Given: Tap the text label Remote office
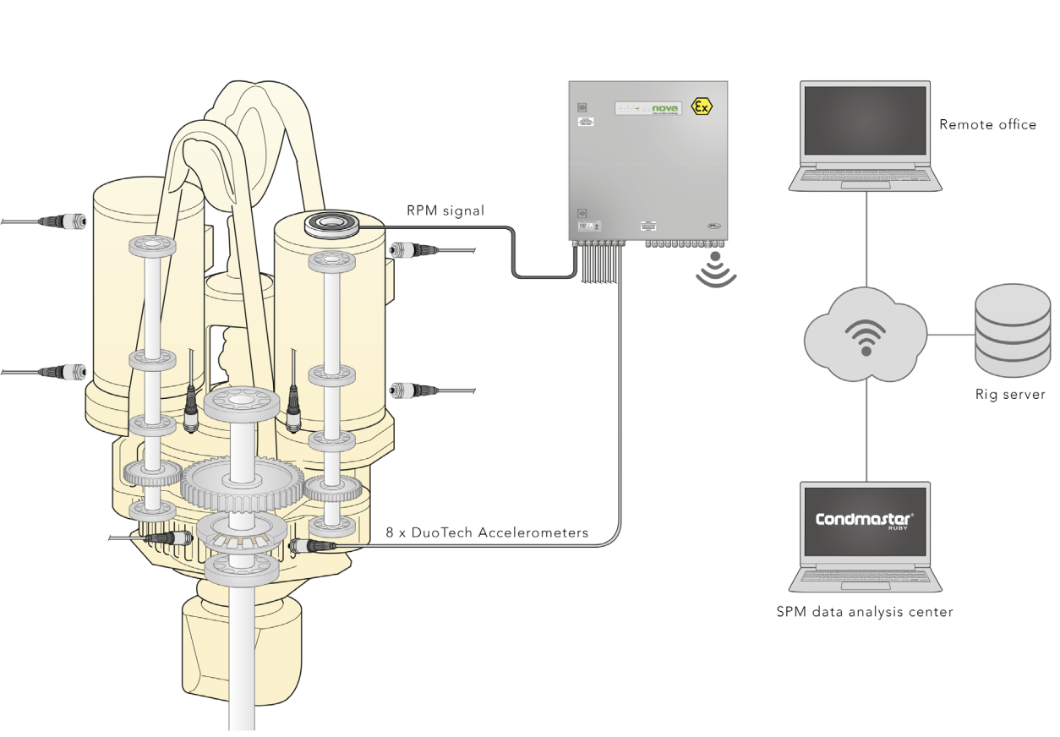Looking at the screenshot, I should (987, 125).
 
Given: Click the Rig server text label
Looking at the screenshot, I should (1011, 394).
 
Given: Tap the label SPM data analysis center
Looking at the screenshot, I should (864, 612).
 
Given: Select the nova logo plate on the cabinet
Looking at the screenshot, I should (647, 109).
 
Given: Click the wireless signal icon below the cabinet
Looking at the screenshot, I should (716, 270).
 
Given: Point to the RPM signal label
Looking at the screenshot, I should (444, 210).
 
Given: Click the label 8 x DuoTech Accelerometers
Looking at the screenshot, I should (487, 533).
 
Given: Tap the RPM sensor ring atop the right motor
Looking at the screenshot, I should (331, 225).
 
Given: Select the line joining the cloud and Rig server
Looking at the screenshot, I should (951, 334).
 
